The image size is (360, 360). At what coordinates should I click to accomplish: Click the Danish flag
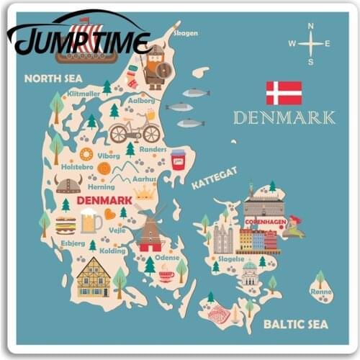[284, 93]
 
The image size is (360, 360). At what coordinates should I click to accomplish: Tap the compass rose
[310, 44]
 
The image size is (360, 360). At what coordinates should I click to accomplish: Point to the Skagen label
[185, 33]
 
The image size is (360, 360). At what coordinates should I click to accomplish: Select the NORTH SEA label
[53, 78]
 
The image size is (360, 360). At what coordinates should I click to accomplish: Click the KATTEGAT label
[214, 177]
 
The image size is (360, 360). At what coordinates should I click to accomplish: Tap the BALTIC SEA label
[296, 324]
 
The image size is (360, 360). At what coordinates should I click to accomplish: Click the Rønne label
[320, 292]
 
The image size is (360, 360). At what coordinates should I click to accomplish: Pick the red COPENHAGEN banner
[265, 222]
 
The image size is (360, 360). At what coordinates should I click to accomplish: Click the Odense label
[167, 257]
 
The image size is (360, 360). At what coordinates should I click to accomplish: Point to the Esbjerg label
[73, 243]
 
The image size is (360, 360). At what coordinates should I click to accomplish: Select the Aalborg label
[141, 101]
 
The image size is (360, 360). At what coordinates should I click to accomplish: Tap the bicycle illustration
[135, 130]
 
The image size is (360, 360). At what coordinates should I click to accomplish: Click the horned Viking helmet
[68, 184]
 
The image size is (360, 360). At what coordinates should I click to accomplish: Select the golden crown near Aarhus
[145, 192]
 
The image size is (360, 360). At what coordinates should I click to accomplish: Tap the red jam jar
[178, 158]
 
